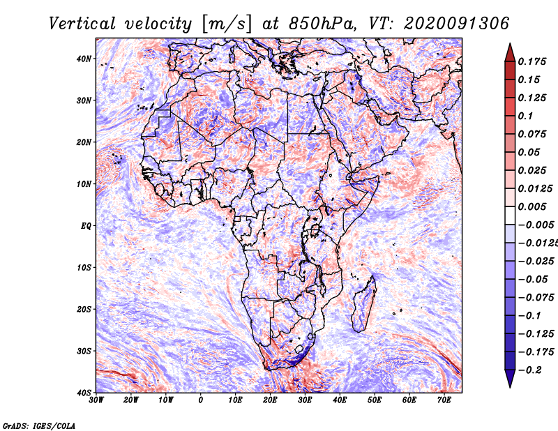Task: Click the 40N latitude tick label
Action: (84, 59)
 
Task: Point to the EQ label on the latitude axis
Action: (86, 226)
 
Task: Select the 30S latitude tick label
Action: (84, 351)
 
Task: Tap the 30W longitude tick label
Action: (96, 400)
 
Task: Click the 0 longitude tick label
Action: (201, 400)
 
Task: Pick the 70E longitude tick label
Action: (444, 400)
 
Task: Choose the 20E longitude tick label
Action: (270, 400)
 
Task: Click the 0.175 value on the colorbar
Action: (531, 61)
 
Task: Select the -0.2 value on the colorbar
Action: (530, 370)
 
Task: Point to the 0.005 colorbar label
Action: (531, 206)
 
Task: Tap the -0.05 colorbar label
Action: (533, 280)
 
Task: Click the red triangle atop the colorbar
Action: (510, 53)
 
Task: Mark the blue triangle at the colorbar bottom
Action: (510, 378)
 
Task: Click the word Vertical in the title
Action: (82, 24)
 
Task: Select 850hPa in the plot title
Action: (322, 24)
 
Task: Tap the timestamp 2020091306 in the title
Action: (456, 24)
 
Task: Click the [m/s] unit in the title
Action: (227, 24)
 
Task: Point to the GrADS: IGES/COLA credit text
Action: (39, 426)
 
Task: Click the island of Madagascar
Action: (364, 305)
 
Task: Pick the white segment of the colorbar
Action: (510, 215)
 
